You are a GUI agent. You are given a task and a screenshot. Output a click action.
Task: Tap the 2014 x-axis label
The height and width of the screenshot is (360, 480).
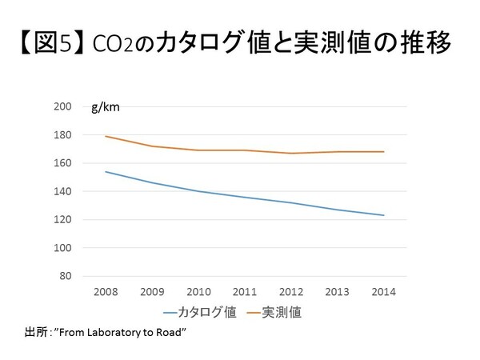(384, 291)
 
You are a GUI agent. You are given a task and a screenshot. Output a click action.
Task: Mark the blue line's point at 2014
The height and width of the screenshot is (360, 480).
(384, 215)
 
